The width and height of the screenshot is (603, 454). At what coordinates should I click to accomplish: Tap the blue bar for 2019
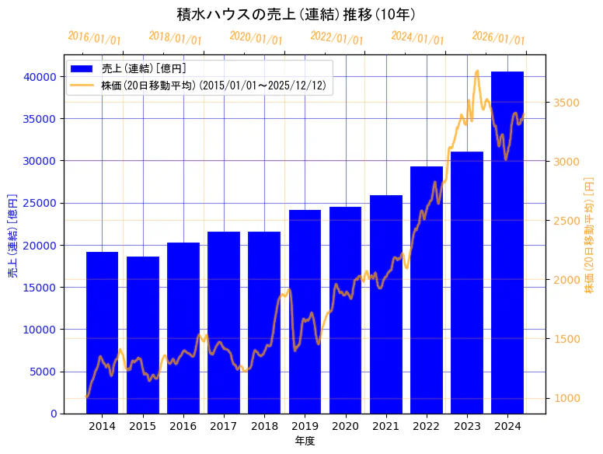click(x=305, y=311)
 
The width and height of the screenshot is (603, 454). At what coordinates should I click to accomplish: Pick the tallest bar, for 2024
click(x=507, y=242)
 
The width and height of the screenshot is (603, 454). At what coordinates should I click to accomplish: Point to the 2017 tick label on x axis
click(x=224, y=426)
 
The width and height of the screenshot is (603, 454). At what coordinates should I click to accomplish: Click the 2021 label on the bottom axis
click(x=386, y=426)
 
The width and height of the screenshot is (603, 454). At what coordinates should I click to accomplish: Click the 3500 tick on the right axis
click(x=566, y=103)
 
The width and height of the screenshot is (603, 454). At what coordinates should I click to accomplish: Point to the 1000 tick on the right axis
click(x=566, y=398)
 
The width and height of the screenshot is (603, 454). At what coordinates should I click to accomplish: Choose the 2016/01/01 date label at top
click(x=94, y=38)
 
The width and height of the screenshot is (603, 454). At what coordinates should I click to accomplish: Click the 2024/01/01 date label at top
click(x=417, y=38)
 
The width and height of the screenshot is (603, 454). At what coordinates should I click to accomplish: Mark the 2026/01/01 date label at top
click(x=498, y=38)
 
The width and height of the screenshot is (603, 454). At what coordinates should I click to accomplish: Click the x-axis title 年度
click(x=305, y=441)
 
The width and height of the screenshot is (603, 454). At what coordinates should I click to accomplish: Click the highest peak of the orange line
click(x=477, y=71)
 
